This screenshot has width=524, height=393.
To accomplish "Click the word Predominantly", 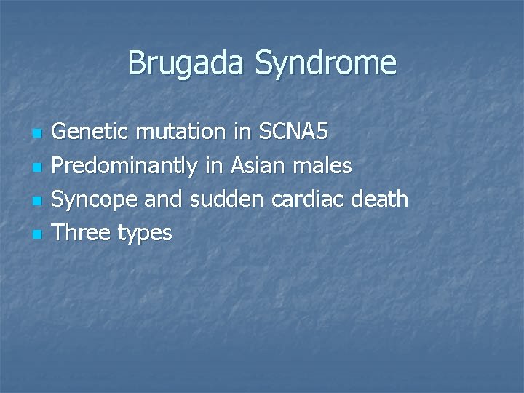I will click(x=125, y=167).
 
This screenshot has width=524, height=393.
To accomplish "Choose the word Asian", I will click(x=258, y=167).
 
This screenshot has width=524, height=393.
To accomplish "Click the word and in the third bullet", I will click(x=165, y=199).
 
